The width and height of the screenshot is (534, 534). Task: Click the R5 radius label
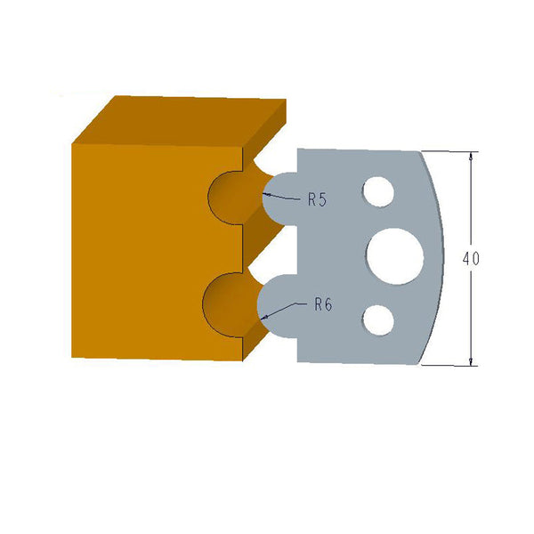(x=318, y=200)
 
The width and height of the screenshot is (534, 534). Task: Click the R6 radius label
(x=322, y=304)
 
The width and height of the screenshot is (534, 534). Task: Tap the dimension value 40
(x=471, y=259)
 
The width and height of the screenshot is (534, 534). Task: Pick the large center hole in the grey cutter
(x=392, y=254)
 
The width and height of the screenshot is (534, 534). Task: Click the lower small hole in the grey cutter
(x=378, y=318)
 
